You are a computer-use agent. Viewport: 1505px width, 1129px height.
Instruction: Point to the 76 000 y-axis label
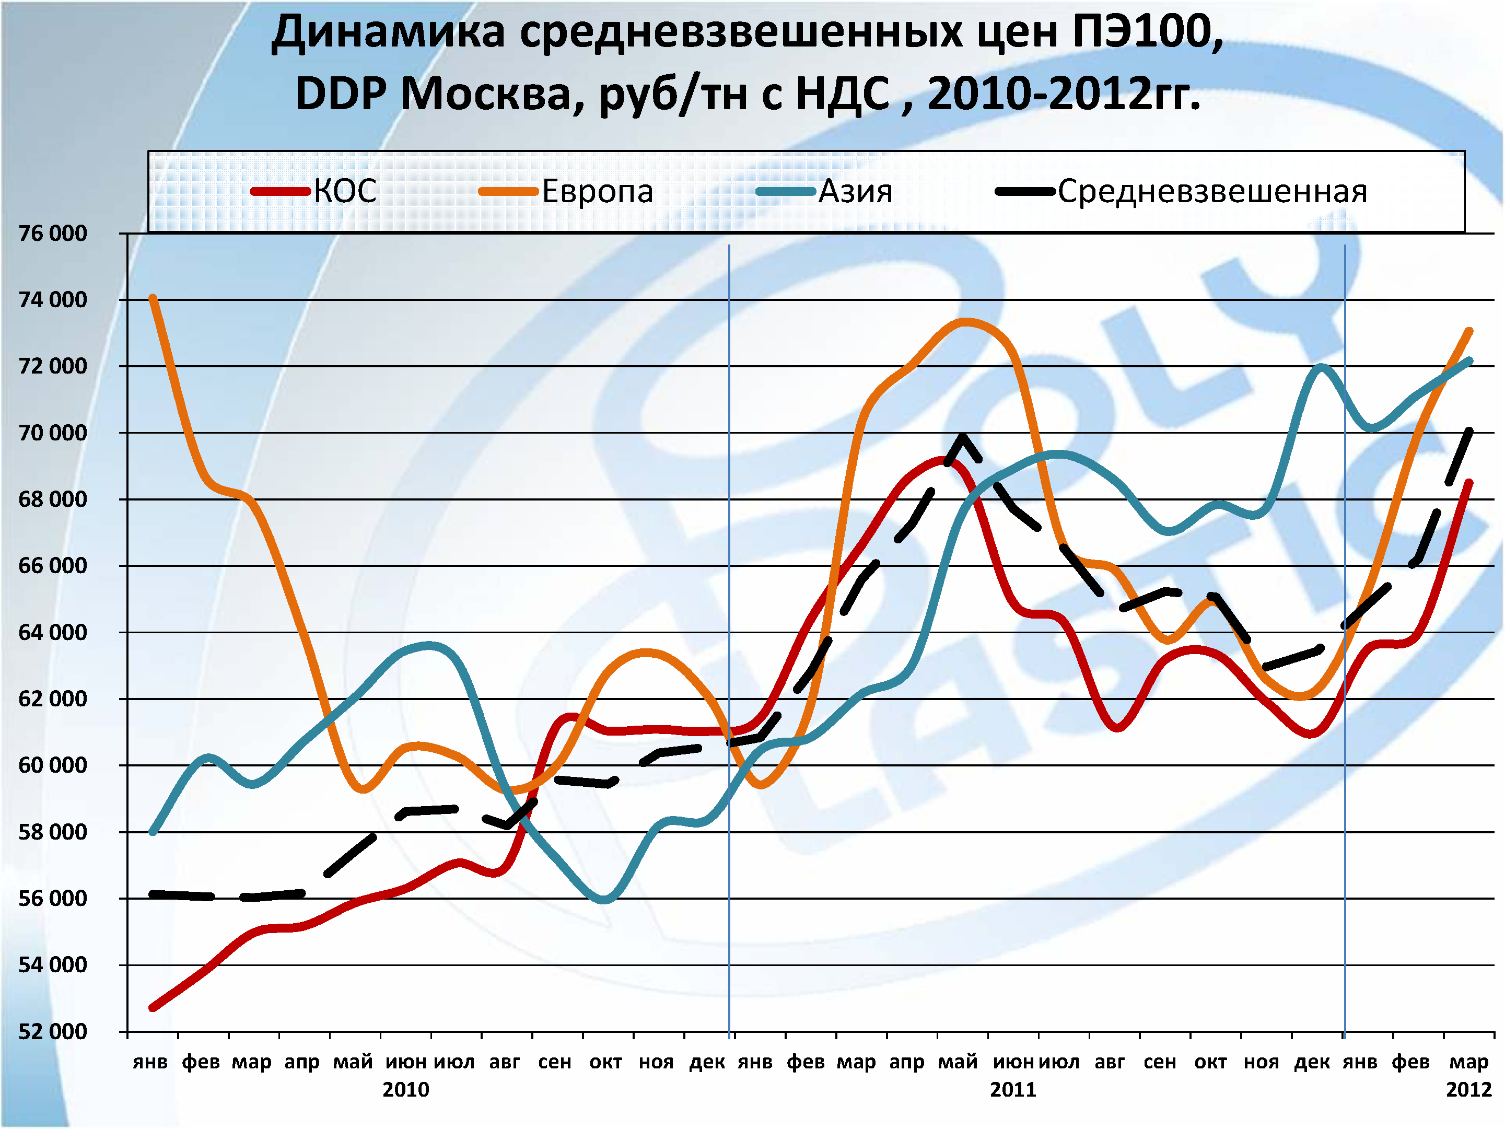(52, 234)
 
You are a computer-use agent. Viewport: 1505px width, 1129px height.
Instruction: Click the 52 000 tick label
(52, 1031)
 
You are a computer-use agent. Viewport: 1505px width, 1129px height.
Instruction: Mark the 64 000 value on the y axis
(52, 632)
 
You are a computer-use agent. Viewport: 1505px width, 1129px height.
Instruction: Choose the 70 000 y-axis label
(52, 433)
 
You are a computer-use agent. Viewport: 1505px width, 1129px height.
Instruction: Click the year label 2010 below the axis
(405, 1089)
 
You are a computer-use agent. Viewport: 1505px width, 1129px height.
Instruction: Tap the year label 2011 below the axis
(1012, 1089)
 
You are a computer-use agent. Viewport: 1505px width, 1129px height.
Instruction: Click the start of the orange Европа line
(153, 298)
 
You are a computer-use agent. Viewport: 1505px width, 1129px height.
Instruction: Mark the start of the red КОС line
(153, 1008)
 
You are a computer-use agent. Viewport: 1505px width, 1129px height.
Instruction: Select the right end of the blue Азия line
(1469, 360)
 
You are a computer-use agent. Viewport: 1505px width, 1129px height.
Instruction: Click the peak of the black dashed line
(963, 437)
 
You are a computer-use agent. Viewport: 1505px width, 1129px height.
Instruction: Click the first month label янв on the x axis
(150, 1062)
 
